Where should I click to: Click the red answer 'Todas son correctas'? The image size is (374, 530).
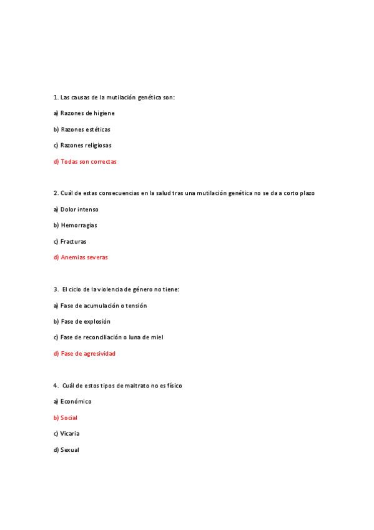pos(88,161)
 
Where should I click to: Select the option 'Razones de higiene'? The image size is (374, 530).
pos(87,113)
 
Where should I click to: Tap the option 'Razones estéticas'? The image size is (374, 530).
pos(85,129)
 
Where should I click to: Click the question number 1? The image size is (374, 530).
pos(56,97)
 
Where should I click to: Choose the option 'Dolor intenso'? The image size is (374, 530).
pos(79,209)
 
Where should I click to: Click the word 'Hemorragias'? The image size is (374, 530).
pos(79,225)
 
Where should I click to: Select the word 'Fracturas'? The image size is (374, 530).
pos(74,241)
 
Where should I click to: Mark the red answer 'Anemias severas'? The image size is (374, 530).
pos(84,257)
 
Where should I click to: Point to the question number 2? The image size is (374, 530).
pos(56,193)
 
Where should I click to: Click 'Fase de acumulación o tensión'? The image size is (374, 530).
pos(104,306)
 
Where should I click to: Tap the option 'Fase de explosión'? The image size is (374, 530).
pos(86,321)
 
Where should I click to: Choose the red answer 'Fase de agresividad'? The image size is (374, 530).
pos(87,353)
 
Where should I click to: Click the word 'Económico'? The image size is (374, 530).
pos(76,401)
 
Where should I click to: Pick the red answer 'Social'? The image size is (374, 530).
pos(69,417)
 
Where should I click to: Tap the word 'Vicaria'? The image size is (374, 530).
pos(70,433)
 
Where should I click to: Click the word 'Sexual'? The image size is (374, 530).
pos(70,449)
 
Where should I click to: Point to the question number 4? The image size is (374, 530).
pos(56,386)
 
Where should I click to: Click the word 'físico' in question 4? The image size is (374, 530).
pos(174,386)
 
